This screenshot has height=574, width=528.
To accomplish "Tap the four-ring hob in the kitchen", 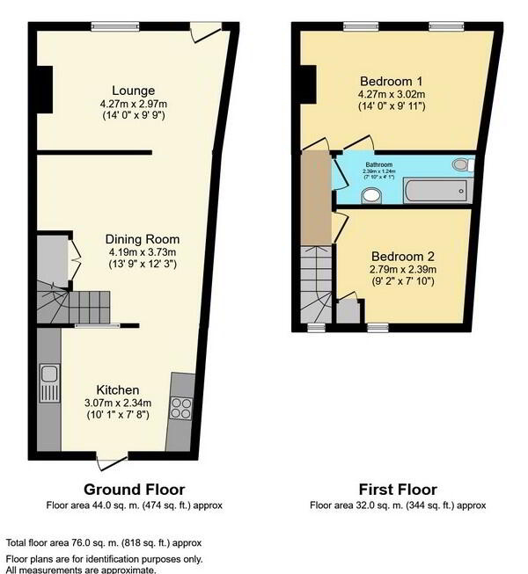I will coord(180,408).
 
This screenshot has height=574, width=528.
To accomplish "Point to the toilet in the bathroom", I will coord(462,164).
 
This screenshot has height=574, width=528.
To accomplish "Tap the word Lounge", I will coord(133,91).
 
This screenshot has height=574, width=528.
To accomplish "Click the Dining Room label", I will coord(143,239).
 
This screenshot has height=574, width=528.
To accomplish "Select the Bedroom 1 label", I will coord(392,76).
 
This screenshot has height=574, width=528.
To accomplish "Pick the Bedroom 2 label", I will coord(402,257).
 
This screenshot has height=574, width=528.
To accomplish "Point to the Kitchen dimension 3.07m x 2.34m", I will coord(119,403).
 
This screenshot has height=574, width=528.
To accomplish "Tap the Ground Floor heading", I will coord(134,490).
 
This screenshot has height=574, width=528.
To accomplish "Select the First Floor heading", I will coord(398,490).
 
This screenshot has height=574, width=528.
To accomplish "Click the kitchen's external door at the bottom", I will coord(112,461).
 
